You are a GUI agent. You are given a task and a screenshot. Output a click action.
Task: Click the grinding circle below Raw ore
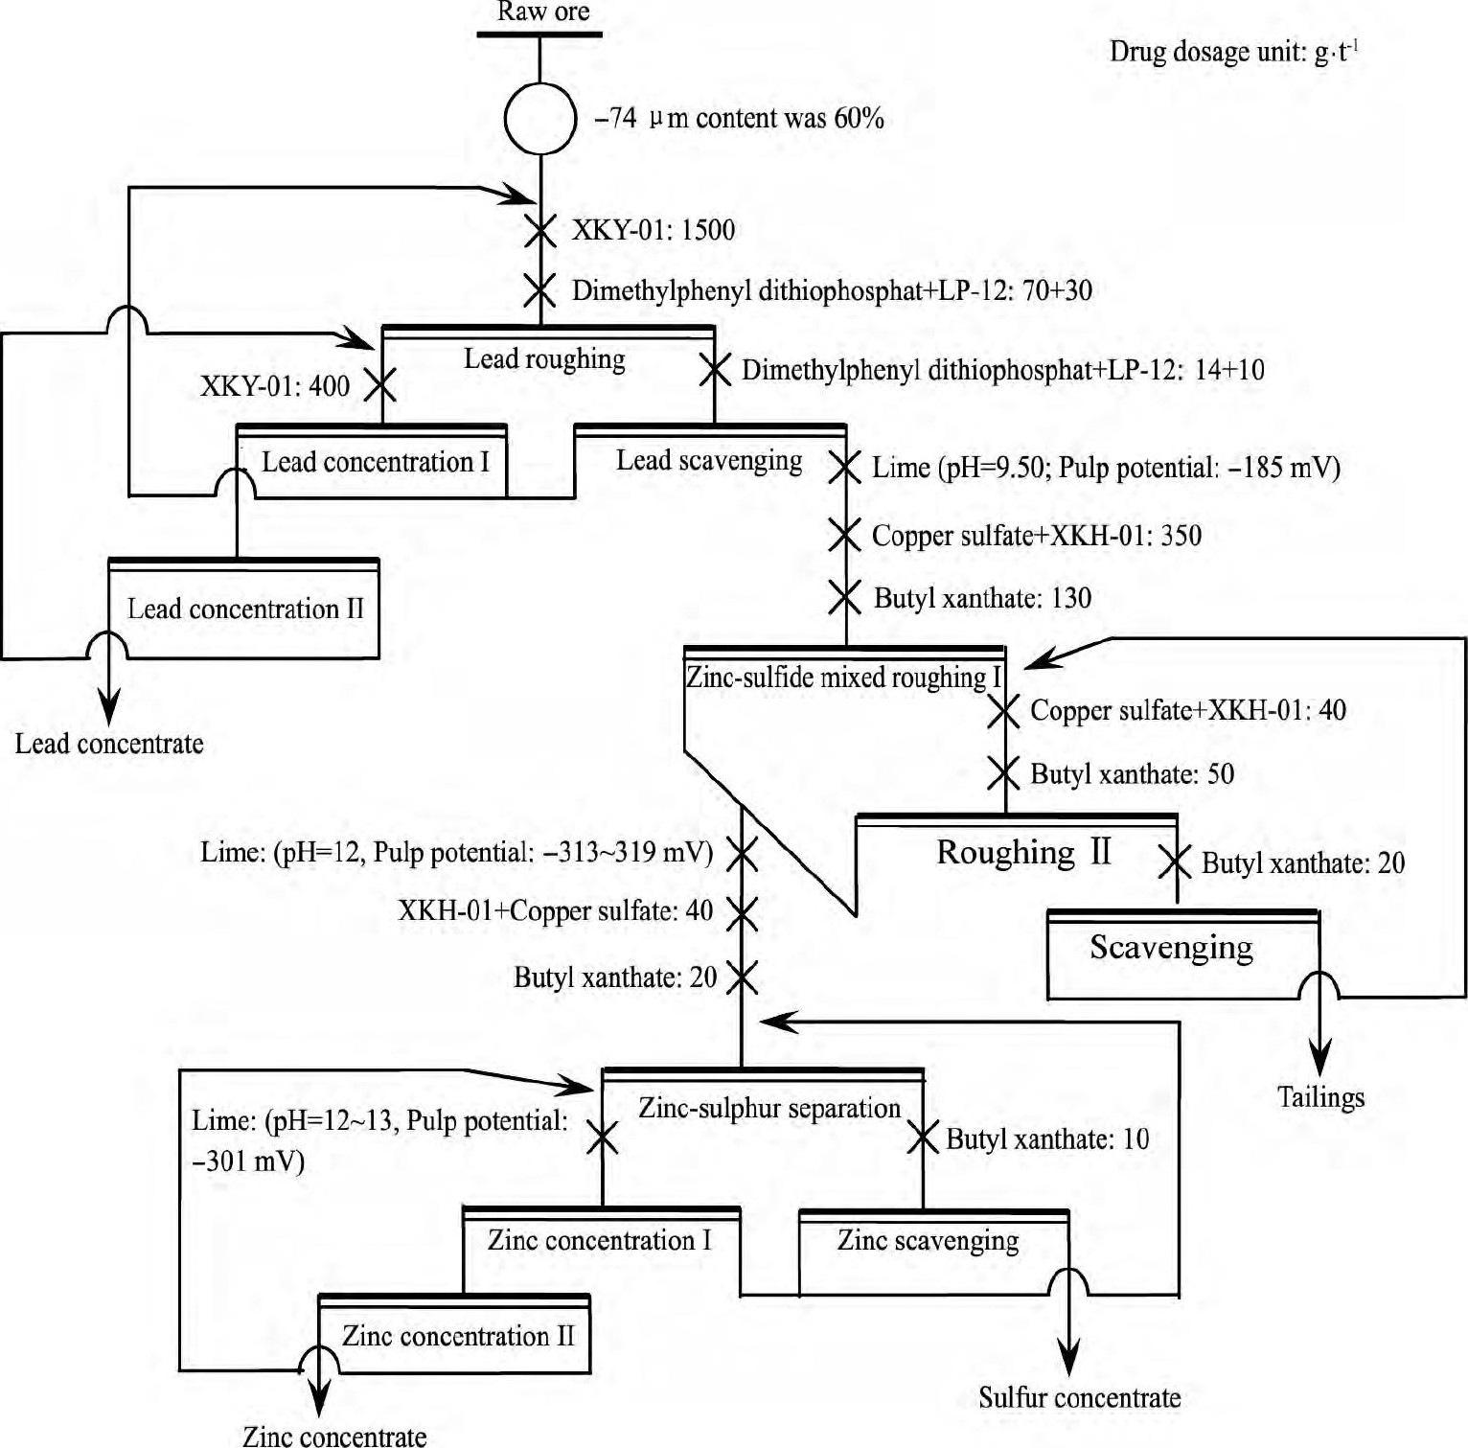tap(540, 118)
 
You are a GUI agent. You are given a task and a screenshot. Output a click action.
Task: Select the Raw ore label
tap(543, 12)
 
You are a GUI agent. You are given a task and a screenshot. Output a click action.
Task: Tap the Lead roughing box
tap(545, 360)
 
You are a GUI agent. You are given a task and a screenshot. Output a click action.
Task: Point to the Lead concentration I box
tap(375, 463)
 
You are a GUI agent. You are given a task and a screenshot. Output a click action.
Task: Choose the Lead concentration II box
tap(245, 609)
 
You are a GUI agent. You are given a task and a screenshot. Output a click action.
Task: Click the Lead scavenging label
tap(709, 461)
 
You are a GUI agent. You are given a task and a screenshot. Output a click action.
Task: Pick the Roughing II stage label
tap(1023, 852)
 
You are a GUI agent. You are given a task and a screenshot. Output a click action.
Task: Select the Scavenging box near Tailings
tap(1171, 948)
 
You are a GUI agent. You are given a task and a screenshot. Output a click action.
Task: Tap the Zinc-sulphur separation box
tap(769, 1109)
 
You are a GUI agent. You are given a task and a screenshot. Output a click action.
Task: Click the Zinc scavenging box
tap(928, 1241)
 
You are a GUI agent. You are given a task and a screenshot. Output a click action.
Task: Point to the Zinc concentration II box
tap(458, 1337)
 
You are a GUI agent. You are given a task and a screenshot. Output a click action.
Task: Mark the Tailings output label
tap(1320, 1098)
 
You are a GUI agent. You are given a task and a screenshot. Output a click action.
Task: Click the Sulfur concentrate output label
tap(1079, 1398)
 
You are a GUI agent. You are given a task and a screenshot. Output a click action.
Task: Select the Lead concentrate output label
tap(109, 745)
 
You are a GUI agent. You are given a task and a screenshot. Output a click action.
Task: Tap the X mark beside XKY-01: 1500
tap(540, 231)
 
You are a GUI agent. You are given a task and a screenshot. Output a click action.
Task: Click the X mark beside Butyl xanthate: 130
tap(844, 598)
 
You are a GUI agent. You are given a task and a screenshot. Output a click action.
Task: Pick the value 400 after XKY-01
tap(329, 386)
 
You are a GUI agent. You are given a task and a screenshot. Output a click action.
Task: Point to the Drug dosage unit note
tap(1234, 52)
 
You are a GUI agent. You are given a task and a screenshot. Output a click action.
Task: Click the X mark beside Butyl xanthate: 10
tap(923, 1138)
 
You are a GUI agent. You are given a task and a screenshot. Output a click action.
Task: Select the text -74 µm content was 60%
tap(739, 119)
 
